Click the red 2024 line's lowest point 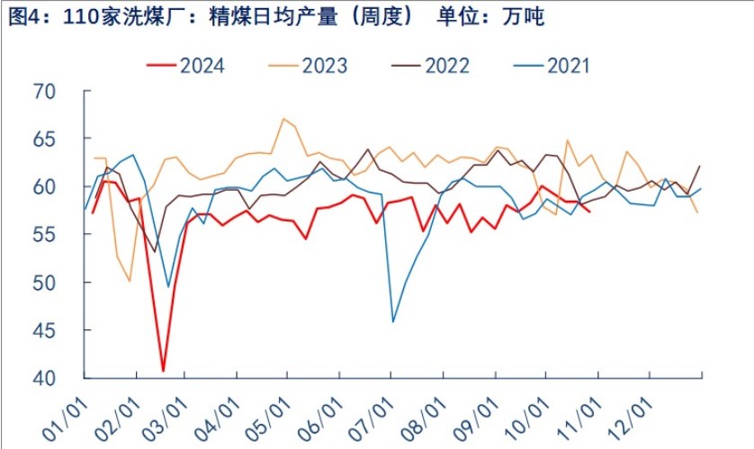[163, 370]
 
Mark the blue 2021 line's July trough [393, 321]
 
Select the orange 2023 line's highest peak [283, 119]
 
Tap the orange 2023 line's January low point [130, 281]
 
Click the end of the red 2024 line [589, 211]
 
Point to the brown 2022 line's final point [700, 166]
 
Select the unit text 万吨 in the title [525, 16]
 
